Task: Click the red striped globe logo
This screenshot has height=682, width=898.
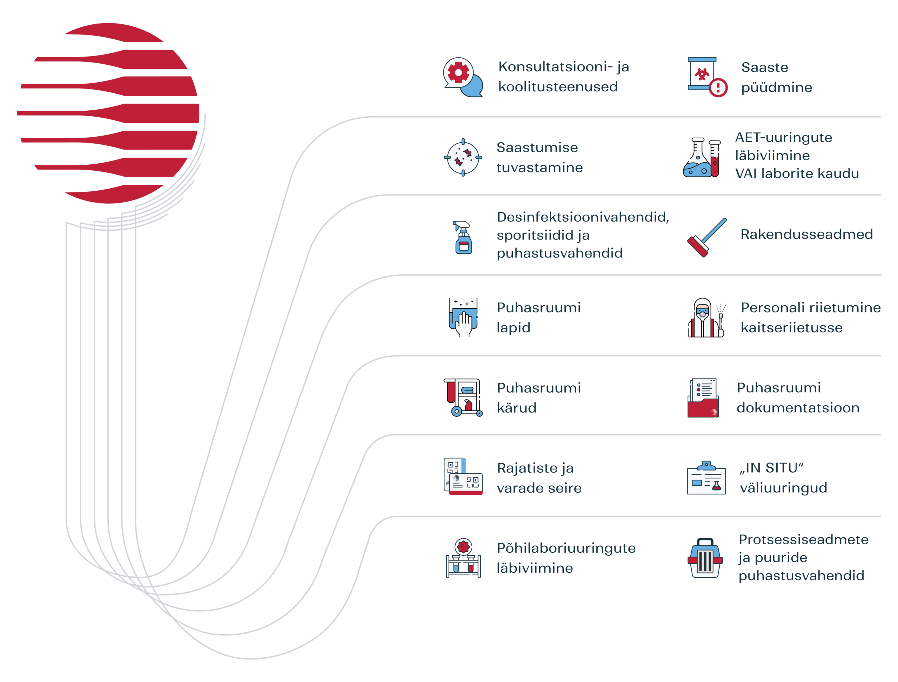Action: pos(108,113)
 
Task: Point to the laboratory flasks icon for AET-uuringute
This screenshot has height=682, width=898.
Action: pos(702,158)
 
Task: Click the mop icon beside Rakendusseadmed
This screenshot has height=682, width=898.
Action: pos(707,237)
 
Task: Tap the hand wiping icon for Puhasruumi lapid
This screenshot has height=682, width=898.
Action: pos(463,317)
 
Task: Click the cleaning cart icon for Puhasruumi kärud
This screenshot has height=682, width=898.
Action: pos(463,398)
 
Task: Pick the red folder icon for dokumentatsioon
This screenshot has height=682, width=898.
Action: pos(703,398)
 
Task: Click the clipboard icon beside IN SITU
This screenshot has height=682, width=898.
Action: pos(706,478)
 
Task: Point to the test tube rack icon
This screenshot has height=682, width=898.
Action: pos(463,558)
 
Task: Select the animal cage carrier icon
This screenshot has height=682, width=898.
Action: pos(705,558)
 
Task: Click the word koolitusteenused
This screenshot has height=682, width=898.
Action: pos(558,87)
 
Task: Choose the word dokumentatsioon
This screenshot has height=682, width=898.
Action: pos(798,408)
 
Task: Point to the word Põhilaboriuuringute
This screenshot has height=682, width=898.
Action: pos(566,549)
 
